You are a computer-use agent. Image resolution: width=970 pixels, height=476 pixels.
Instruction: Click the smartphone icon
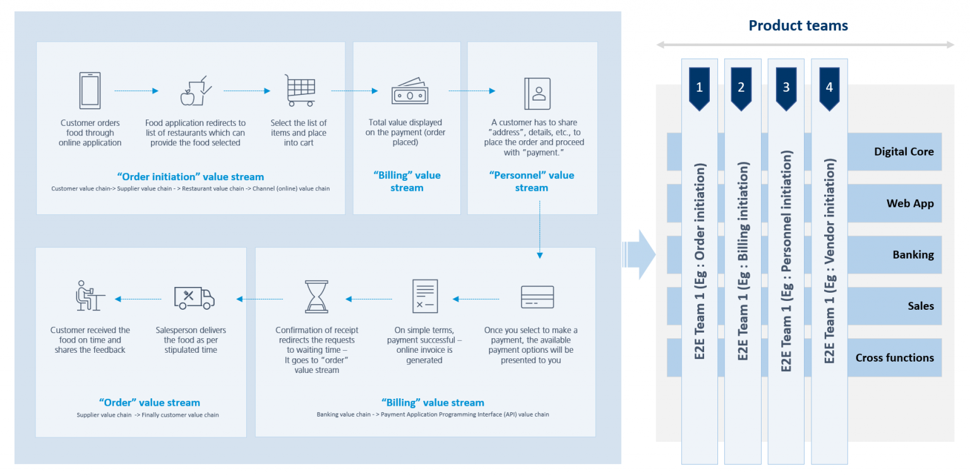[x=89, y=90]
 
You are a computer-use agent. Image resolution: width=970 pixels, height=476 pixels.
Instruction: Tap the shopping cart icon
[x=299, y=90]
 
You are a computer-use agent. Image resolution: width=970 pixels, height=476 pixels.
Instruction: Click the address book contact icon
[x=537, y=94]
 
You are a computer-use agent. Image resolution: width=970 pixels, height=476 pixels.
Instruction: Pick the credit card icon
[x=537, y=297]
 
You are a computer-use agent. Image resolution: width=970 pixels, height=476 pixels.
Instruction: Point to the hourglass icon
[x=316, y=297]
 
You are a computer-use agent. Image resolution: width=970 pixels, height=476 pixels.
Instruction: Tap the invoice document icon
[x=424, y=296]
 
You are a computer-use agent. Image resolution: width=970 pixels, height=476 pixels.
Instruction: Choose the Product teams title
[x=798, y=25]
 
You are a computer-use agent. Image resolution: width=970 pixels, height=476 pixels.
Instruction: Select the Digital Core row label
[x=904, y=152]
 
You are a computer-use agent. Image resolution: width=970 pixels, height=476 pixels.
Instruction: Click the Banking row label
[x=913, y=255]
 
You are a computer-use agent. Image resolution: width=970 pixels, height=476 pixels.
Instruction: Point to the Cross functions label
[x=894, y=358]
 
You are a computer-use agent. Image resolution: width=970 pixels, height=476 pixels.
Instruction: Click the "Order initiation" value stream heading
[x=191, y=177]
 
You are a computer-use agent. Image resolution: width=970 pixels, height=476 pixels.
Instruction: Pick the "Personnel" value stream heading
[x=532, y=181]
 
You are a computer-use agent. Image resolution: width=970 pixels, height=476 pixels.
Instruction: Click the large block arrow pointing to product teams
[x=640, y=254]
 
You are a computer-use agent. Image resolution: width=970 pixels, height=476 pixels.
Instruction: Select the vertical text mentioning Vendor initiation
[x=830, y=261]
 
